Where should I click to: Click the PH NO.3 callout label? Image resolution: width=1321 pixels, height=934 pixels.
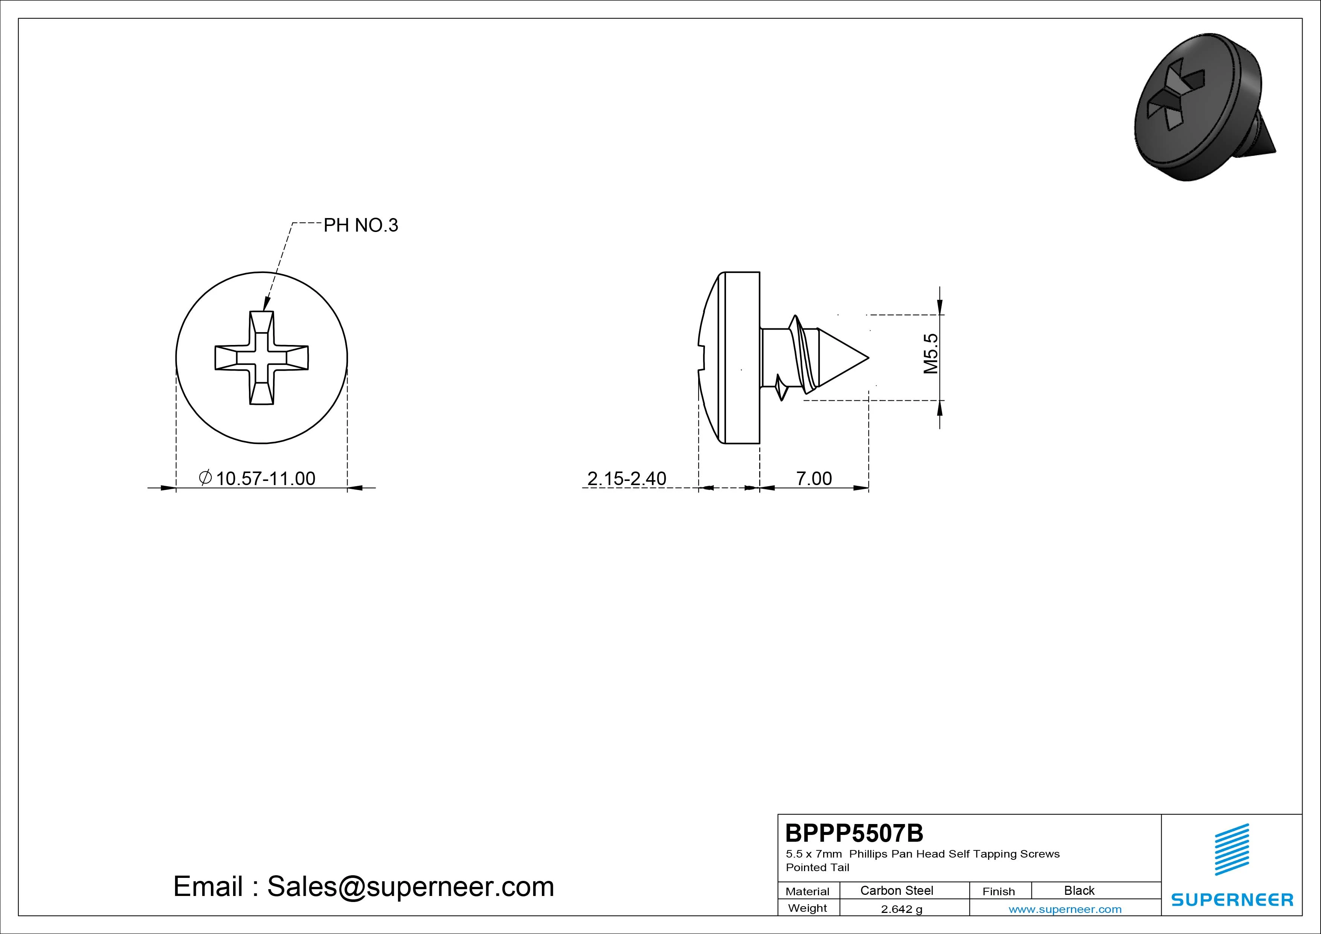[x=361, y=225]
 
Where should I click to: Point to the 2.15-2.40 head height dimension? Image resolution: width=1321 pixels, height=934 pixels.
[x=627, y=478]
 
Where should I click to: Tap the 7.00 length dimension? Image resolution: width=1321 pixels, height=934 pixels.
[x=813, y=478]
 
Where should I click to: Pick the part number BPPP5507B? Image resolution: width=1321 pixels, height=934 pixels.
[x=854, y=833]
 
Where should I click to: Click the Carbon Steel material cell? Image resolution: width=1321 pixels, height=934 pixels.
[x=896, y=890]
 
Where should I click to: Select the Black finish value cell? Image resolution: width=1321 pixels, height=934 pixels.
[x=1079, y=890]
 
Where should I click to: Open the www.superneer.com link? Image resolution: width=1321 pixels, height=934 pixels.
[x=1065, y=909]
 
